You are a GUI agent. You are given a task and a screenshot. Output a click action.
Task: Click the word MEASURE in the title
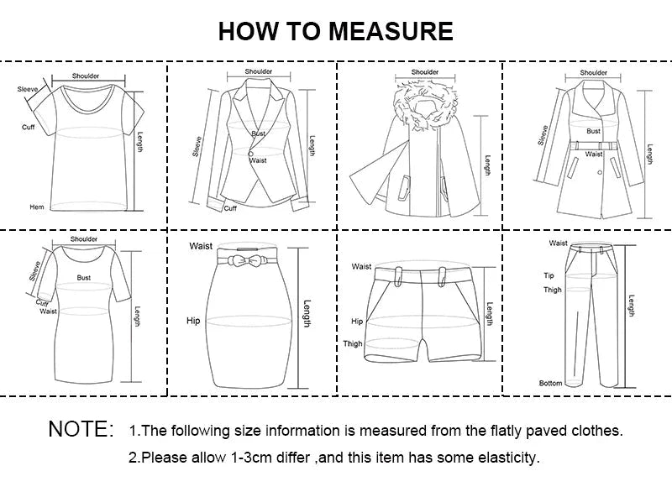(391, 31)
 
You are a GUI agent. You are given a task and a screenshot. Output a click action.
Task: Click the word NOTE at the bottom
(81, 430)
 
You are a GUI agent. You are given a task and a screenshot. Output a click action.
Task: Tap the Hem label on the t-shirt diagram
(37, 207)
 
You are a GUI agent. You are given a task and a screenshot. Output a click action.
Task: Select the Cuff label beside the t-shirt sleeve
(28, 127)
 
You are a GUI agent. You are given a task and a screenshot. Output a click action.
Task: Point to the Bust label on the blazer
(258, 134)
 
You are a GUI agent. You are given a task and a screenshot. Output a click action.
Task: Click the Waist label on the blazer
(258, 160)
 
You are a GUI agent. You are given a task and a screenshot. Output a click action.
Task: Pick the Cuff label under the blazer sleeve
(230, 208)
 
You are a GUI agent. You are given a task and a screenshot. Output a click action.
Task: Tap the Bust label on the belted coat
(594, 131)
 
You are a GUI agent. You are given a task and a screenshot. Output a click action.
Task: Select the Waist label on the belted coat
(594, 154)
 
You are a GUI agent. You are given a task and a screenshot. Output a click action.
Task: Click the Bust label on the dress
(84, 277)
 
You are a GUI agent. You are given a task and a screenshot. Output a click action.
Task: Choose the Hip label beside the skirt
(193, 321)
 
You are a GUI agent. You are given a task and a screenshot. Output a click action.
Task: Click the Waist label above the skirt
(201, 246)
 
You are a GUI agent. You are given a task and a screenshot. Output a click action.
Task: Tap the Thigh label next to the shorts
(353, 343)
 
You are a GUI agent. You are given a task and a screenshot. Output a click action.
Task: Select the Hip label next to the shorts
(357, 322)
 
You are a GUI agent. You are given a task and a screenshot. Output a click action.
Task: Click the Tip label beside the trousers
(549, 275)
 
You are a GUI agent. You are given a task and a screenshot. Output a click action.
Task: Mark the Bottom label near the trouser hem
(550, 383)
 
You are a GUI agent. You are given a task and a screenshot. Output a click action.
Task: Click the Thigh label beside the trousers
(552, 290)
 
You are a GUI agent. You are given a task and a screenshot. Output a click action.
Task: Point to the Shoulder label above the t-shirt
(85, 76)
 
